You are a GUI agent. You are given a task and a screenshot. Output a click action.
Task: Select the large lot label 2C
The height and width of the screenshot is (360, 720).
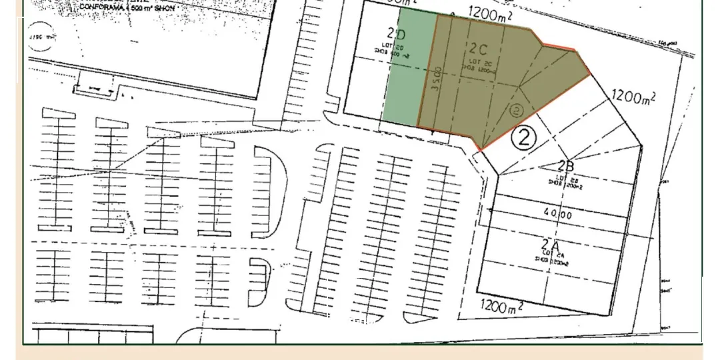[479, 49]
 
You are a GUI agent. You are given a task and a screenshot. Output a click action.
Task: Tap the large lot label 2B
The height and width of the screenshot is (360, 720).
[567, 167]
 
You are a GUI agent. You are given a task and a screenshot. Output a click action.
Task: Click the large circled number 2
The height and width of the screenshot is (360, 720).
[524, 137]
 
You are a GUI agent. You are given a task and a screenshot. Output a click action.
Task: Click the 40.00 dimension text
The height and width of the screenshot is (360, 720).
[557, 215]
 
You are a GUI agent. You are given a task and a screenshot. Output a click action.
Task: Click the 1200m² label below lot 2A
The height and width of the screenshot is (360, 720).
[501, 307]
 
